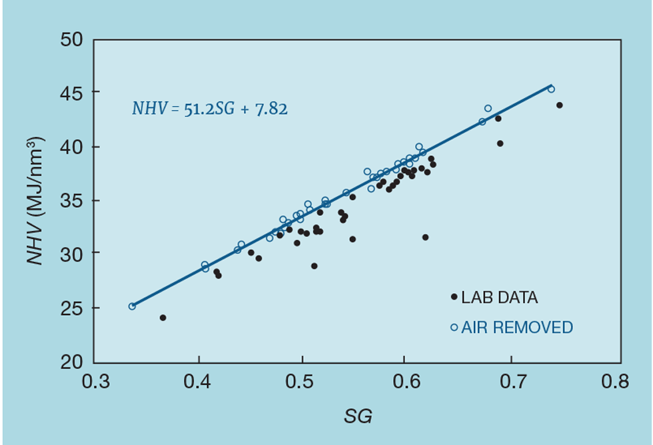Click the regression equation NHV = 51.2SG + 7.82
209,109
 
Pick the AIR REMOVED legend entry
511,327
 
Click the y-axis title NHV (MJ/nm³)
36,201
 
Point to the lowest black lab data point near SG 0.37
163,318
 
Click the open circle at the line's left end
132,306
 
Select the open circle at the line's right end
551,89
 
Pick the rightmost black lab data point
560,105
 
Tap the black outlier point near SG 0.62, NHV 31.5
425,237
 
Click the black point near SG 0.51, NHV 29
314,266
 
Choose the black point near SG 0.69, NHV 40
500,143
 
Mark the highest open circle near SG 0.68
488,109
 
